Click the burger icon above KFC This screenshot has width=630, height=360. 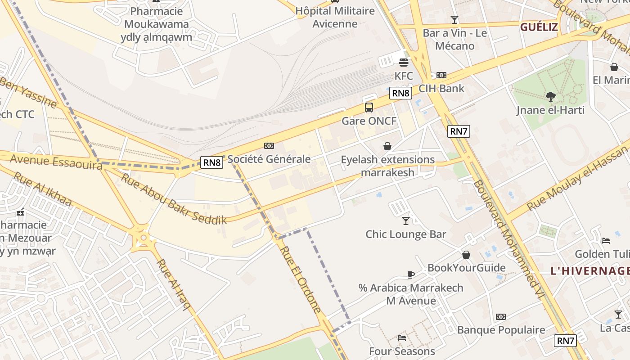[404, 62]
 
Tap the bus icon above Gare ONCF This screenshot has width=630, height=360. [369, 108]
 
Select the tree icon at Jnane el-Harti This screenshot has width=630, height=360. [550, 96]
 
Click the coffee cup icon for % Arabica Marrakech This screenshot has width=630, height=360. [410, 274]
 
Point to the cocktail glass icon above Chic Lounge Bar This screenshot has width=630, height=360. [406, 220]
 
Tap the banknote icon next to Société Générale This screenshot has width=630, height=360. [269, 146]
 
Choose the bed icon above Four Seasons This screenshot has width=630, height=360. [402, 337]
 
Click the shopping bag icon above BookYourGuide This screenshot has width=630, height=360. [466, 255]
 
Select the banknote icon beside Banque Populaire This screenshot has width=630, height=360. [501, 317]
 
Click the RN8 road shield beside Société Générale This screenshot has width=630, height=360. [211, 162]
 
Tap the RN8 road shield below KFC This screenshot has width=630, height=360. [400, 93]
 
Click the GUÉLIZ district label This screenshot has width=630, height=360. [539, 27]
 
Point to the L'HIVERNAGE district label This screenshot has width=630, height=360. [589, 271]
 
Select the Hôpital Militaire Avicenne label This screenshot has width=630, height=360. [335, 17]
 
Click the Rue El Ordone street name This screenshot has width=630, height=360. [301, 279]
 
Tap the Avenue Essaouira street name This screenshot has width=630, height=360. [56, 162]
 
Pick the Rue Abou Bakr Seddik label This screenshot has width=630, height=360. [174, 198]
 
